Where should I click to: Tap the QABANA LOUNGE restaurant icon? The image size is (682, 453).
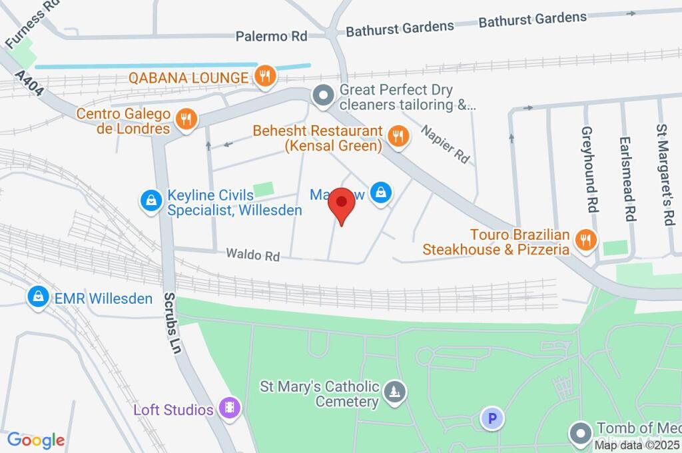coord(265,77)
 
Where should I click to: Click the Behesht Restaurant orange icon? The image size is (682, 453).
coord(398,137)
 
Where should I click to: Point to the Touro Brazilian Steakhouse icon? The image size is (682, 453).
coord(585,241)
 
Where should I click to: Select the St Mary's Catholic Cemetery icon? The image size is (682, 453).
coord(396,393)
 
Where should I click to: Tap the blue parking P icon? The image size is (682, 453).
coord(492,418)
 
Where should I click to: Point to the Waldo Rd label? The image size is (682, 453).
coord(252,254)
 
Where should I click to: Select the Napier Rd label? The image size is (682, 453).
coord(445,143)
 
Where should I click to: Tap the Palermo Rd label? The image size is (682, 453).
coord(271,36)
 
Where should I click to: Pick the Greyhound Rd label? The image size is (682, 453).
coord(588,169)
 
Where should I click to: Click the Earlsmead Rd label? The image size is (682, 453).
coord(625,179)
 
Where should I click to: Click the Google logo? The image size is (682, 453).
coord(36,440)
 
